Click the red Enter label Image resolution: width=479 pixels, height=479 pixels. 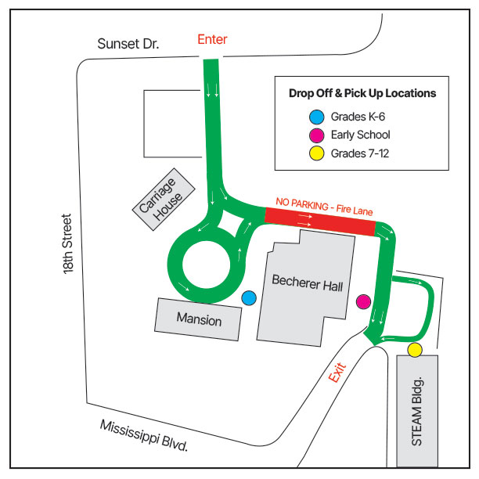point(212,39)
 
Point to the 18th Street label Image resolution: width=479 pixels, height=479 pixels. point(70,243)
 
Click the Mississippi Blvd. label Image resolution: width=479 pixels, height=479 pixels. point(146,437)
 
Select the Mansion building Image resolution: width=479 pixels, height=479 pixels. point(199,319)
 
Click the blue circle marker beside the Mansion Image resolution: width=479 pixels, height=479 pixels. point(249,297)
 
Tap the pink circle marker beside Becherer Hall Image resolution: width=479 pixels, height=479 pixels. point(363,301)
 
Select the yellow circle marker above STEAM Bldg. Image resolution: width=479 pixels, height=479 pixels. point(415,349)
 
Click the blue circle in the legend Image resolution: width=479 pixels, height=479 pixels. point(316,117)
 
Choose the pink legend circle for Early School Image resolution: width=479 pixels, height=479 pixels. point(316,135)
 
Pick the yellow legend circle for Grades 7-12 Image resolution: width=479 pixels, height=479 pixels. point(316,153)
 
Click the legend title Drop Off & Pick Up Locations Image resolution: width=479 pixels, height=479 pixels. point(362,93)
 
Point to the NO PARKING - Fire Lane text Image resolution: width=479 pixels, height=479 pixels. point(325,207)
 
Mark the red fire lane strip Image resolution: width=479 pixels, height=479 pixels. point(320,224)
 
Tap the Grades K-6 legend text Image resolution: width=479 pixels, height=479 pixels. point(358,117)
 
